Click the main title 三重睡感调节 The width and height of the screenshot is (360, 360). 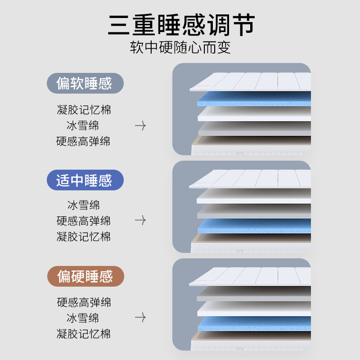181,25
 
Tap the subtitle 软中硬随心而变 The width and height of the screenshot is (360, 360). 180,47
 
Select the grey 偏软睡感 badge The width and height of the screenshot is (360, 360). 85,83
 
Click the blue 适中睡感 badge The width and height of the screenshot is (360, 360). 85,180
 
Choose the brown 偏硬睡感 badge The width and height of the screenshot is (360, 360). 85,276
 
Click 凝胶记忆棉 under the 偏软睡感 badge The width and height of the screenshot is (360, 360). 84,110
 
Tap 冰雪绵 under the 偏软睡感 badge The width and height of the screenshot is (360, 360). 83,126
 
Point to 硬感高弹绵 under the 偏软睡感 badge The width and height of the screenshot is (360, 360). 83,141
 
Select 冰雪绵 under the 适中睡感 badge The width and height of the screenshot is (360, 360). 83,205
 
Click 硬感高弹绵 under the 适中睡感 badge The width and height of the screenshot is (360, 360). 84,220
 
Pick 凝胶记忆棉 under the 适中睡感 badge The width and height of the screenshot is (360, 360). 84,237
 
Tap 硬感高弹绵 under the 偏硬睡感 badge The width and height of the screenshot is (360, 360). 84,302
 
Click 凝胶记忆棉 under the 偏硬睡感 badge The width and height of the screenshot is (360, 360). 84,333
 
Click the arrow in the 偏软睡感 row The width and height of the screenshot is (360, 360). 140,126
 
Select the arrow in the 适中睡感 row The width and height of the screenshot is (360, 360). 140,220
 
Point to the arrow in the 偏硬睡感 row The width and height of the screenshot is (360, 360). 140,317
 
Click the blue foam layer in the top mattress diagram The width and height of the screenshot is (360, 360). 254,99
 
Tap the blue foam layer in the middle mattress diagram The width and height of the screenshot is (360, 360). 254,226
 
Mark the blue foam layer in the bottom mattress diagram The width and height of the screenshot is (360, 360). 254,324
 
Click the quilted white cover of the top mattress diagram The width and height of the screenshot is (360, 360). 250,82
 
